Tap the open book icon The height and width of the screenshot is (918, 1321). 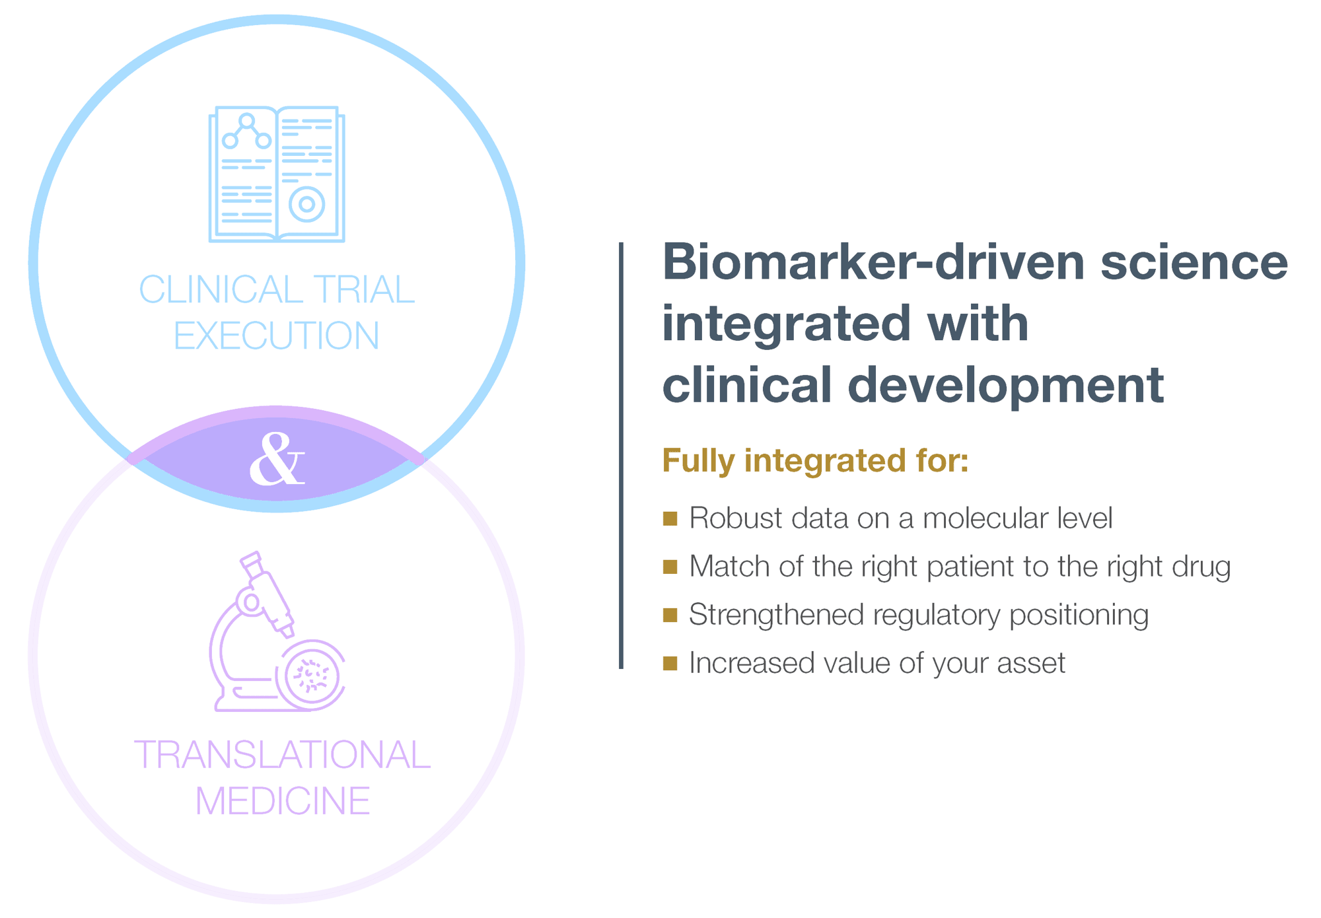(277, 174)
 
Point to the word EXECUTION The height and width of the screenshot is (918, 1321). (276, 335)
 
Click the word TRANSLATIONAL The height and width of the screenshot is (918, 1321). (282, 755)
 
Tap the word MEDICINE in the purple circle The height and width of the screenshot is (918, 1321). (283, 801)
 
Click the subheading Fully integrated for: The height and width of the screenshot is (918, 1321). (815, 460)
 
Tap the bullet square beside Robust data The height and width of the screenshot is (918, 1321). (670, 518)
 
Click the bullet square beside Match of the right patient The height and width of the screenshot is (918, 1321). (670, 567)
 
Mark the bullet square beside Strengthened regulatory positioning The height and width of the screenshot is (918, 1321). (670, 616)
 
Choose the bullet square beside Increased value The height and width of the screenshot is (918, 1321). (670, 664)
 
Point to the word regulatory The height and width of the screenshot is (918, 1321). (937, 616)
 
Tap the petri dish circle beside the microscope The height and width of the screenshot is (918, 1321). (313, 674)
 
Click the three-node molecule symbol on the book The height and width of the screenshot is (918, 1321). (247, 132)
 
